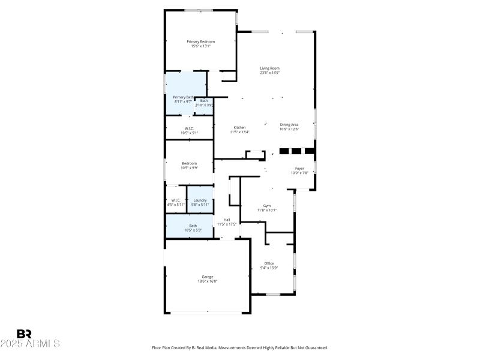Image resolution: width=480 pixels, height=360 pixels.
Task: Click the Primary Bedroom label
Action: [200, 41]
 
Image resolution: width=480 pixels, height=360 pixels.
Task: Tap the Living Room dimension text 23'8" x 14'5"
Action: [269, 73]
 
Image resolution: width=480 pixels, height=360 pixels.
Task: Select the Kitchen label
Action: [239, 127]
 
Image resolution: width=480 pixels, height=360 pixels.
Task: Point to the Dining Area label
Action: [289, 124]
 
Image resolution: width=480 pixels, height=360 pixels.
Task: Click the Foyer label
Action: [299, 169]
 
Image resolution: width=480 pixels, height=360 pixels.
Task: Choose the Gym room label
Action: [267, 205]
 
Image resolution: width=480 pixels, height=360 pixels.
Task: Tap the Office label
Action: [269, 263]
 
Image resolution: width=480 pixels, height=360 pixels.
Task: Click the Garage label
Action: [207, 277]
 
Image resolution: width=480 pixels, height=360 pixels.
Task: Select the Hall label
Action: [227, 220]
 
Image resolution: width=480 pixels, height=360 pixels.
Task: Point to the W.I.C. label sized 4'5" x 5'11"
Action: [176, 200]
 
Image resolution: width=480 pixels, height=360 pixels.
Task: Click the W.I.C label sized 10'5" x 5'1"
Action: [189, 128]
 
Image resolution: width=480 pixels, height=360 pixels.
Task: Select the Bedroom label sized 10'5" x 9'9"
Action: [190, 163]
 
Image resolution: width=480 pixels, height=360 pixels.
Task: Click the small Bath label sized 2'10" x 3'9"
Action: [204, 101]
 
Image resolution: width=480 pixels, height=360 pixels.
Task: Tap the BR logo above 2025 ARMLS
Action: [24, 333]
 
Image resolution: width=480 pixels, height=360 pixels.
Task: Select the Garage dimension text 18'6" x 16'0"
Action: [207, 281]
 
